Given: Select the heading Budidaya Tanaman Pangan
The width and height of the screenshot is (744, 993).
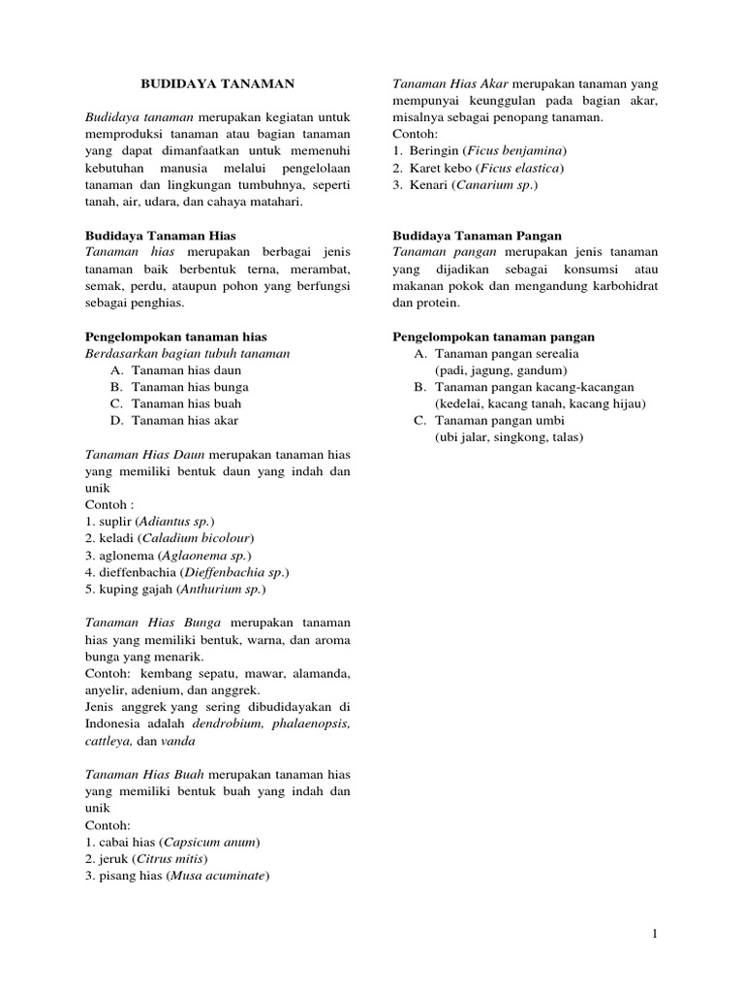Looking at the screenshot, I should pyautogui.click(x=477, y=235).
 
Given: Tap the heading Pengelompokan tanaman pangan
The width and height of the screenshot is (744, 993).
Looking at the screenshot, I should pyautogui.click(x=493, y=336).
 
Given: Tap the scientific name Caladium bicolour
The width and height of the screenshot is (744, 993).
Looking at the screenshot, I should pyautogui.click(x=198, y=538).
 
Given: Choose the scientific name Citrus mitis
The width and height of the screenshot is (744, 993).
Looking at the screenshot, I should pyautogui.click(x=171, y=858).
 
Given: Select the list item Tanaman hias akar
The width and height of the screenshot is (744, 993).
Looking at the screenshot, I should pyautogui.click(x=184, y=420).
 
